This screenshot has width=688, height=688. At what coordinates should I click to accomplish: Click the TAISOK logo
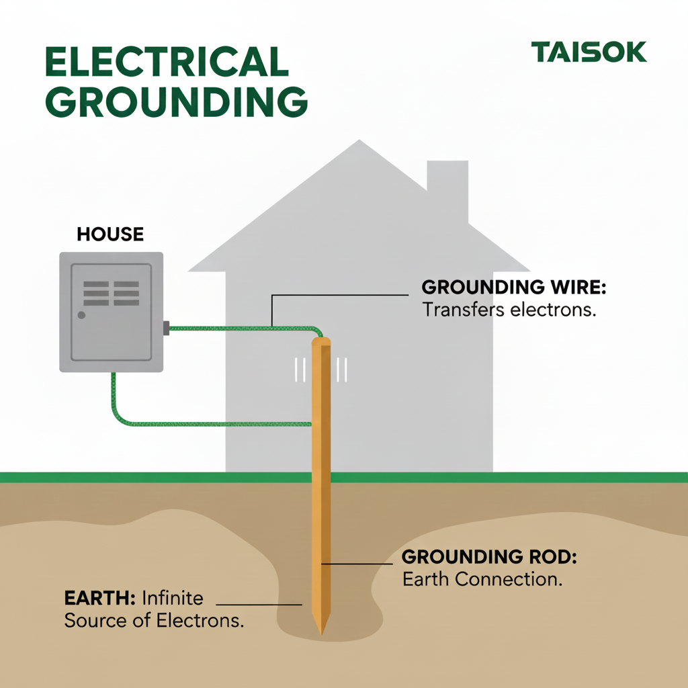(589, 52)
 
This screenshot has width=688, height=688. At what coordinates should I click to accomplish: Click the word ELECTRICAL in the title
(167, 62)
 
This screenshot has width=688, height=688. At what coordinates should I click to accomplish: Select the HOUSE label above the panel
(110, 234)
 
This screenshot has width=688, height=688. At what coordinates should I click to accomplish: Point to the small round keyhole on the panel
(81, 314)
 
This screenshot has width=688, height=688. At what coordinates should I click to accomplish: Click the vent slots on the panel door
(111, 294)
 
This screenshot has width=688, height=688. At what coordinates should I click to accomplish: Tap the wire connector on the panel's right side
(166, 328)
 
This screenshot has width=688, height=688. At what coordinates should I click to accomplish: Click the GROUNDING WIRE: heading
(514, 288)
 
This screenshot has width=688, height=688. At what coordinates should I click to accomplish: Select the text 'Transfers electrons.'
(509, 310)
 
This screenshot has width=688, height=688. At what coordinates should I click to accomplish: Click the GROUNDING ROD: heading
(489, 556)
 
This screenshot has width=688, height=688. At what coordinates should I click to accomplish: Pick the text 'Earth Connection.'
(482, 578)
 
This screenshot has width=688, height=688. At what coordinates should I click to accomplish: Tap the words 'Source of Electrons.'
(154, 620)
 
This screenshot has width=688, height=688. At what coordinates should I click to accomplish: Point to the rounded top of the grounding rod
(322, 341)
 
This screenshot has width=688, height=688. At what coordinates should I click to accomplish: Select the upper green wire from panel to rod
(242, 328)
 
